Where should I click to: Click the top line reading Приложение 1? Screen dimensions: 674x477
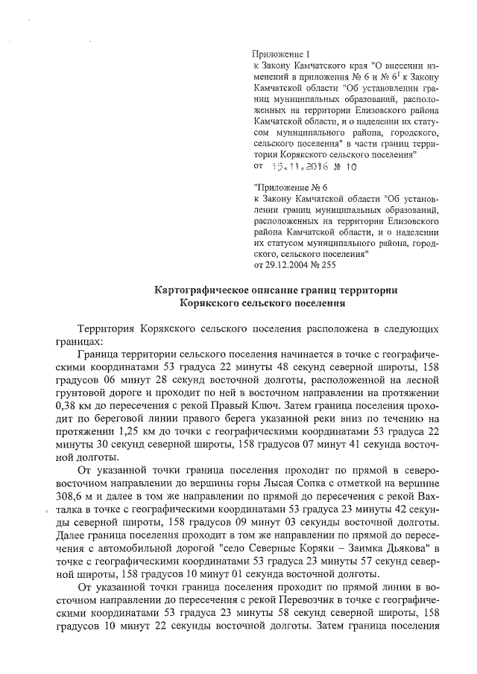pos(281,54)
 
